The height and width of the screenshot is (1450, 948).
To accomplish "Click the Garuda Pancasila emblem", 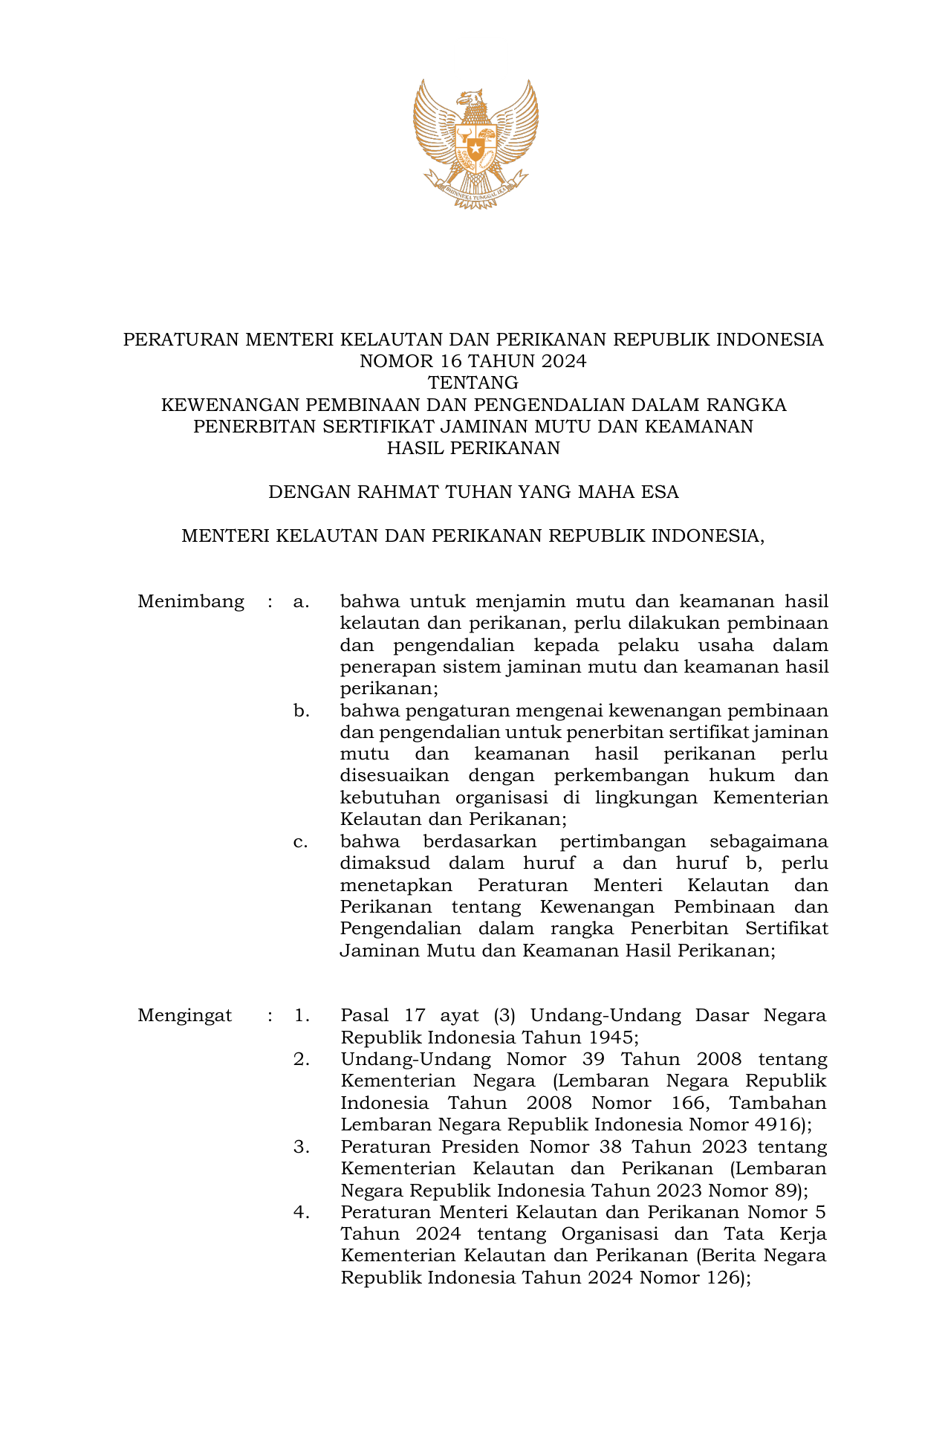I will point(475,143).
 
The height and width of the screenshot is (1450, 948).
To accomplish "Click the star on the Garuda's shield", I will point(475,143).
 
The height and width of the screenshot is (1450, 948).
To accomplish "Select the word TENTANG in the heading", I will point(473,383).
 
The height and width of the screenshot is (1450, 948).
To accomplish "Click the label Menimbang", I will point(191,601).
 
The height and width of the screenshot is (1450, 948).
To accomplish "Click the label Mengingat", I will point(185,1015).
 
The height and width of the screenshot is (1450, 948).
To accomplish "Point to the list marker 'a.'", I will point(301,601).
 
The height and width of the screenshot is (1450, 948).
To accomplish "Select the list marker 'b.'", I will point(301,711).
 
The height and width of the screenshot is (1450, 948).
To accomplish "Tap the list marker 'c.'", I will point(301,842).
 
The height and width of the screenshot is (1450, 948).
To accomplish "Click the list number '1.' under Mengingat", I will point(301,1015).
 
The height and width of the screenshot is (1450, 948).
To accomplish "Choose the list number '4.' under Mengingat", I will point(301,1212).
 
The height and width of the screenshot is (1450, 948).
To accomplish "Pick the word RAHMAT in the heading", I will point(394,492).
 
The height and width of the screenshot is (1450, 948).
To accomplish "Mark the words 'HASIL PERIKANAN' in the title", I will point(473,448).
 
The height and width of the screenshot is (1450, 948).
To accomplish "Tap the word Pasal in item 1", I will point(365,1015).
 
